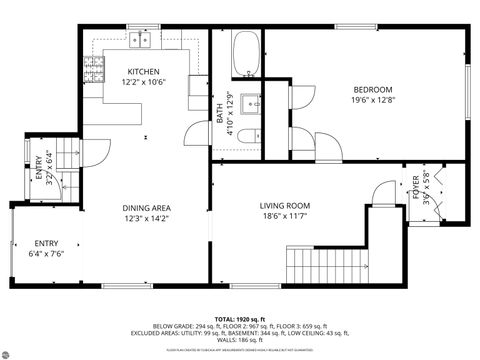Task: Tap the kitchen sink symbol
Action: coord(138,41)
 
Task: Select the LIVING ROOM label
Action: coord(285,205)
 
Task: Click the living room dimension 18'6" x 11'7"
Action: coord(285,216)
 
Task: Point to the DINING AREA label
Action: coord(146,207)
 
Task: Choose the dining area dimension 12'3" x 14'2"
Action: coord(146,218)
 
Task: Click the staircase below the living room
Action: coord(320,265)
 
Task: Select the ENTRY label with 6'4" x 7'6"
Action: coord(46,243)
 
